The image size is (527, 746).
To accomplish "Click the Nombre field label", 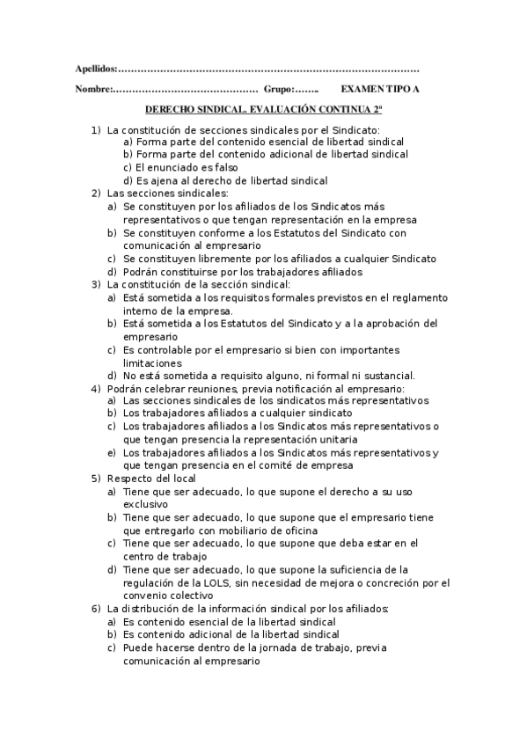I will coord(91,90).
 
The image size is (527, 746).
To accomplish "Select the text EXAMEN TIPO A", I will coord(380,90).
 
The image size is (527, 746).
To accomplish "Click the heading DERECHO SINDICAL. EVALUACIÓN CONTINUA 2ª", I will coord(263,110).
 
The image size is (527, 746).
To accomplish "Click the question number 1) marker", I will coord(96,129).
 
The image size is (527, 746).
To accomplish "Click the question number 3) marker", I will coord(96,284).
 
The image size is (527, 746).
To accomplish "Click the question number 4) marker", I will coord(96,389).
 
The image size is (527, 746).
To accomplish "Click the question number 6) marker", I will coord(96,609).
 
